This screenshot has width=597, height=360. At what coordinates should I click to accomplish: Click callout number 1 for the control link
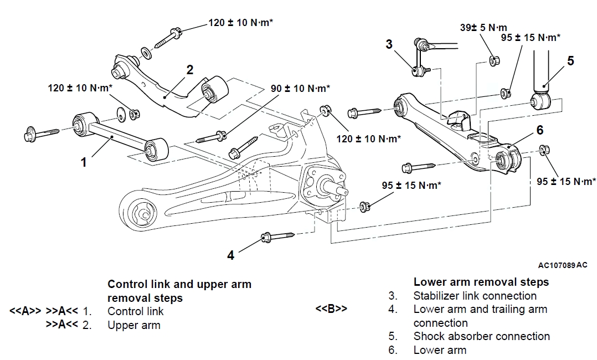point(84,162)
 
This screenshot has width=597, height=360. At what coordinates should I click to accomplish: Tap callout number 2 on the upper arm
point(189,70)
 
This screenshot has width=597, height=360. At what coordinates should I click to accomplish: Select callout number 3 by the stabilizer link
point(389,44)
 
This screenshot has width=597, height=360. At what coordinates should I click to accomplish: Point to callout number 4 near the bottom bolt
point(231,255)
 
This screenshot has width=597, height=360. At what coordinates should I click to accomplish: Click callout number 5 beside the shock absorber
point(570,60)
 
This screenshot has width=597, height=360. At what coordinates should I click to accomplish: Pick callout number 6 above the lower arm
point(539,130)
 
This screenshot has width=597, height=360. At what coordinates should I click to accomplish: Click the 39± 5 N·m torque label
point(483,27)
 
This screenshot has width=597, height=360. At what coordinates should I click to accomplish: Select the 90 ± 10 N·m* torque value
point(300,88)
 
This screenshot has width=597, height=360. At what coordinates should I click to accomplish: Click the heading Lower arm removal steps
point(481,282)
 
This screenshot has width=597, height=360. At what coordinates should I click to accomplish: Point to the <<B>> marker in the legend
point(331,309)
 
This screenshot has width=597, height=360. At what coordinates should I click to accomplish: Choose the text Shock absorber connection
point(481,336)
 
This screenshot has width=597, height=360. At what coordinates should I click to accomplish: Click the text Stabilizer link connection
point(475,296)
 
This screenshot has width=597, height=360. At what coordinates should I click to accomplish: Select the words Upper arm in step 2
point(134,325)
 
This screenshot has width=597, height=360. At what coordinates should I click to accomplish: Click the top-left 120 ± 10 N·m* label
point(241,23)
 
